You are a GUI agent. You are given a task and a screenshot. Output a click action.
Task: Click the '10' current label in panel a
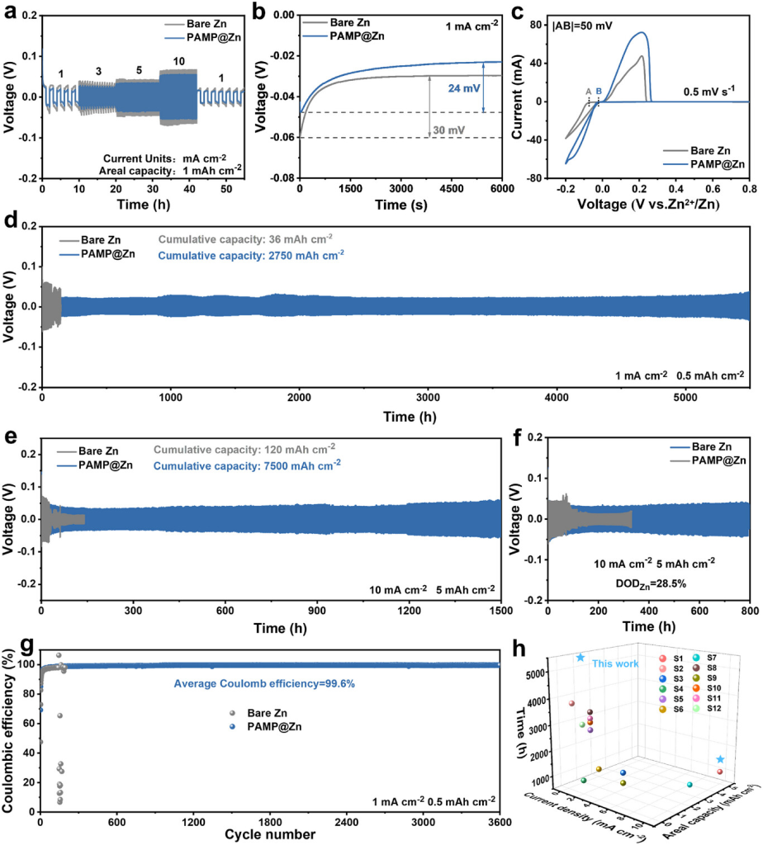pyautogui.click(x=178, y=61)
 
